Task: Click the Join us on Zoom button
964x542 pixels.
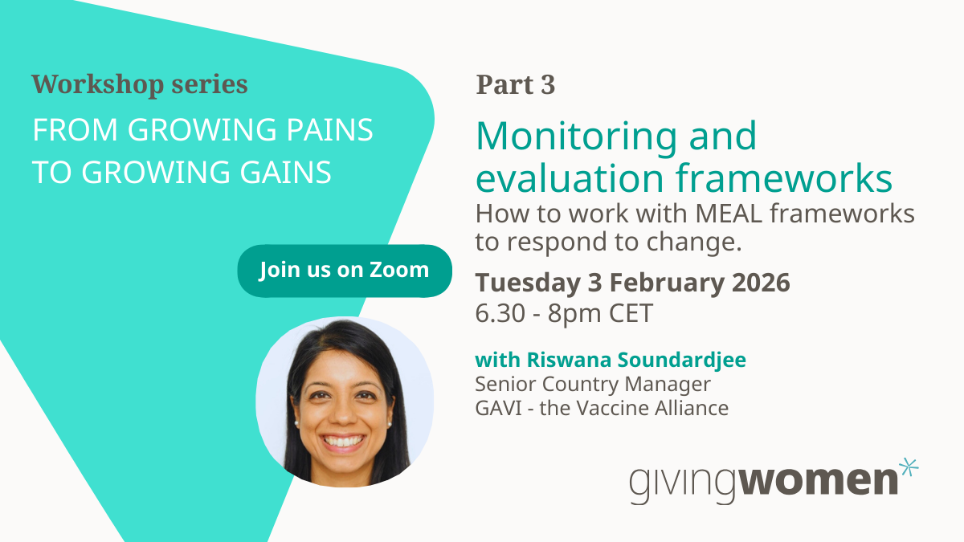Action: click(345, 271)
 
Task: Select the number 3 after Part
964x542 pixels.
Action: click(548, 84)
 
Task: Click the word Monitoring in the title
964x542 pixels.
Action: click(576, 136)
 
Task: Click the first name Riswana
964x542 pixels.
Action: click(569, 360)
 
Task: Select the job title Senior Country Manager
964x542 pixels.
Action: click(593, 384)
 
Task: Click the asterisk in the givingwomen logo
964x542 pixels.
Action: click(909, 467)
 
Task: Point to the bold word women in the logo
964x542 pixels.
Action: click(819, 480)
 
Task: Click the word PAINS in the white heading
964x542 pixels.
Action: click(329, 129)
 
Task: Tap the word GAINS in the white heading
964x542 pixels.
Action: click(285, 173)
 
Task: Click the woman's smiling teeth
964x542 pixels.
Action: click(344, 442)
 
